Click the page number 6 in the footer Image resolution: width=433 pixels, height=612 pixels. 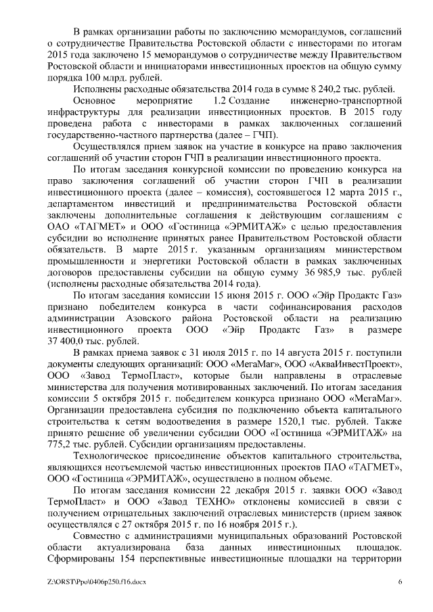pos(400,582)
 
